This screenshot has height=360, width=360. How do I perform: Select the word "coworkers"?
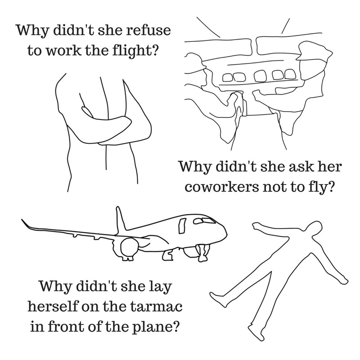[x=221, y=187]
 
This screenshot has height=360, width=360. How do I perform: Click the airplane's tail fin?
[x=120, y=219]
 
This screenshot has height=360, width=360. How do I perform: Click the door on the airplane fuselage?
[x=182, y=226]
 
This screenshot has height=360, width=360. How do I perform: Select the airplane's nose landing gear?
[x=203, y=252]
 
